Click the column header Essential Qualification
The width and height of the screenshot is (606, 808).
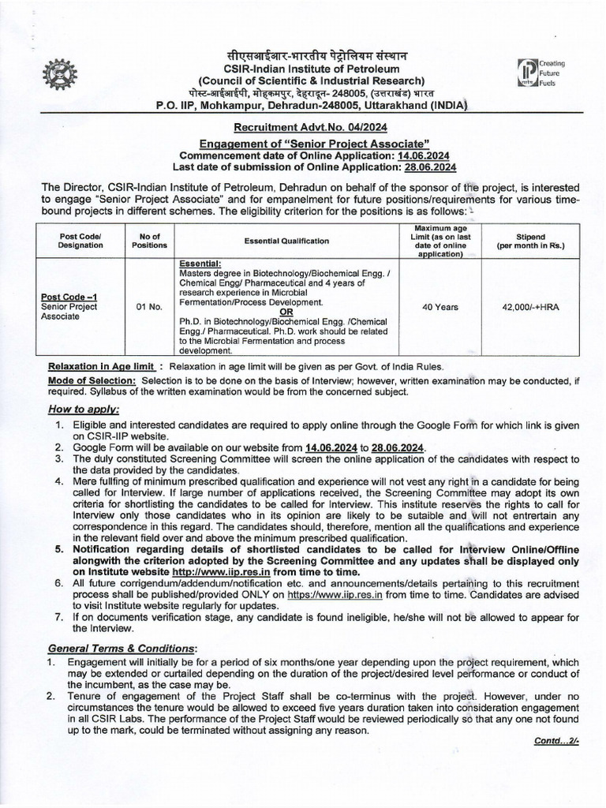tap(286, 241)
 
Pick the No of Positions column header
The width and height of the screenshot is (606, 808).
tap(150, 241)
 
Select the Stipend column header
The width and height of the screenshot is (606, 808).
tap(536, 241)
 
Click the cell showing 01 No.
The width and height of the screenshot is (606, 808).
tap(149, 307)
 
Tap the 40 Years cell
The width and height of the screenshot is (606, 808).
tap(440, 307)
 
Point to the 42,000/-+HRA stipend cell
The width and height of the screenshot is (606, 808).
tap(536, 307)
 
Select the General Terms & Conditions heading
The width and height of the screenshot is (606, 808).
tap(122, 648)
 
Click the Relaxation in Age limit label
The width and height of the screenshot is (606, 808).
tap(100, 367)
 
